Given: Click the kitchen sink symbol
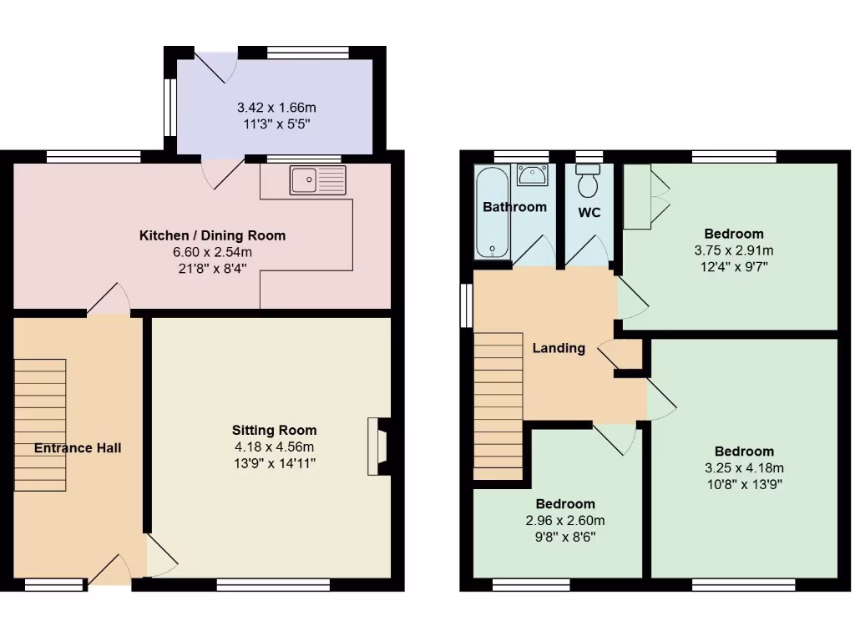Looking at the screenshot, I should (317, 180).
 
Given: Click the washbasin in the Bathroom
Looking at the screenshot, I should (532, 175).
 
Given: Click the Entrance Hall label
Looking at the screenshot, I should (78, 448).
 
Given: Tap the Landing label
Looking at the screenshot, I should (559, 348).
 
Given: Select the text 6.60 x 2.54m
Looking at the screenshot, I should (212, 252).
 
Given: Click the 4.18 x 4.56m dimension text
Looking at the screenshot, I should (274, 447).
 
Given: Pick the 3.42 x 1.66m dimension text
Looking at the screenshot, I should (276, 109).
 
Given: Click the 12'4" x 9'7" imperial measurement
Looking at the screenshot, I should (733, 266).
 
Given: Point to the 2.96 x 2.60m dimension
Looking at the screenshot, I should (565, 520).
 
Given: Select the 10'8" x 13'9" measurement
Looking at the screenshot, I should (743, 483).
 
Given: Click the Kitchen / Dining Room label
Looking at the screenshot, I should (212, 236).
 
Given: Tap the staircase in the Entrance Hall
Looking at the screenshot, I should (40, 425).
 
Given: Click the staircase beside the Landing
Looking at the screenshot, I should (498, 405).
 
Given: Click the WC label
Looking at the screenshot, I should (589, 213).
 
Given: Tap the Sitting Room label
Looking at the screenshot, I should (274, 431).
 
